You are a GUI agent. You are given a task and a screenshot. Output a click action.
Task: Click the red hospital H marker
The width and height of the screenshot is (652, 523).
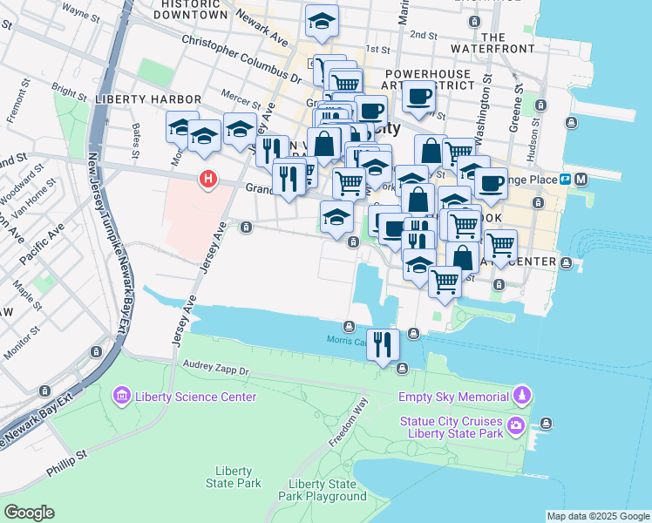pyautogui.click(x=208, y=180)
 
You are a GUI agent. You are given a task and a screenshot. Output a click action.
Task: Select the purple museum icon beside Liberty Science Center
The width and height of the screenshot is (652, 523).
pyautogui.click(x=121, y=397)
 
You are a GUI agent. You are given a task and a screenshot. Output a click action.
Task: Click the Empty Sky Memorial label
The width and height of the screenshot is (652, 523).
pyautogui.click(x=452, y=397)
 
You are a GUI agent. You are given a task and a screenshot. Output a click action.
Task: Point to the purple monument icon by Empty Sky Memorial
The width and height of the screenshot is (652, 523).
pyautogui.click(x=520, y=397)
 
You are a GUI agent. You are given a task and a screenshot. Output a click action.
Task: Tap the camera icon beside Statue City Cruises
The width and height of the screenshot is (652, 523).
pyautogui.click(x=516, y=426)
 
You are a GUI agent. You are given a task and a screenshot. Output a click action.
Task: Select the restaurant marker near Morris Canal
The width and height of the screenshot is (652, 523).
pyautogui.click(x=383, y=345)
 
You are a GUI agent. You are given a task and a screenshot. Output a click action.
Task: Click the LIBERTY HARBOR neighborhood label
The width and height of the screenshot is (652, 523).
pyautogui.click(x=148, y=100)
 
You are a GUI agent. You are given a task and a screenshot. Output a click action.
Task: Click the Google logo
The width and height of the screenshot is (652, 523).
pyautogui.click(x=29, y=513)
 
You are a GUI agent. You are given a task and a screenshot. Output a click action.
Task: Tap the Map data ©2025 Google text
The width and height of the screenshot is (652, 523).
pyautogui.click(x=597, y=516)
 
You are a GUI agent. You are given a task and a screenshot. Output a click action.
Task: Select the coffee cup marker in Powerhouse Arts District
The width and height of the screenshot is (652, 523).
pyautogui.click(x=419, y=98)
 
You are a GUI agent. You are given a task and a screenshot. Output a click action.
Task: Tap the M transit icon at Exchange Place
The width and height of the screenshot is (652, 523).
pyautogui.click(x=581, y=179)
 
